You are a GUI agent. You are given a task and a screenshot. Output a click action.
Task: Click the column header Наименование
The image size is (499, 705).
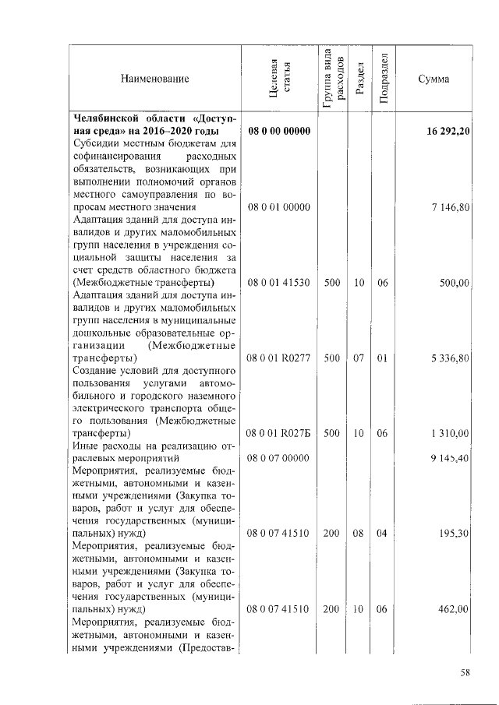(154, 79)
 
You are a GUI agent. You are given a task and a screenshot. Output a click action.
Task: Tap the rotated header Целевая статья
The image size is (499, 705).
(279, 79)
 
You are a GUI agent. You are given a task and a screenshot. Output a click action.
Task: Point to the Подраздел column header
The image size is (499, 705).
(382, 79)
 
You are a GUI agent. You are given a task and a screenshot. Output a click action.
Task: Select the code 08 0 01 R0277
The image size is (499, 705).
(279, 358)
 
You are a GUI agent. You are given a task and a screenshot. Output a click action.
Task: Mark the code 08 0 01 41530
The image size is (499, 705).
(279, 283)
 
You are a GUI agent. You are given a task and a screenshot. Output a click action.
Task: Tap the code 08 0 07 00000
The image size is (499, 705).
(279, 459)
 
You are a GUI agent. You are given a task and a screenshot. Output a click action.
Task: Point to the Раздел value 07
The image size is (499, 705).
(359, 358)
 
